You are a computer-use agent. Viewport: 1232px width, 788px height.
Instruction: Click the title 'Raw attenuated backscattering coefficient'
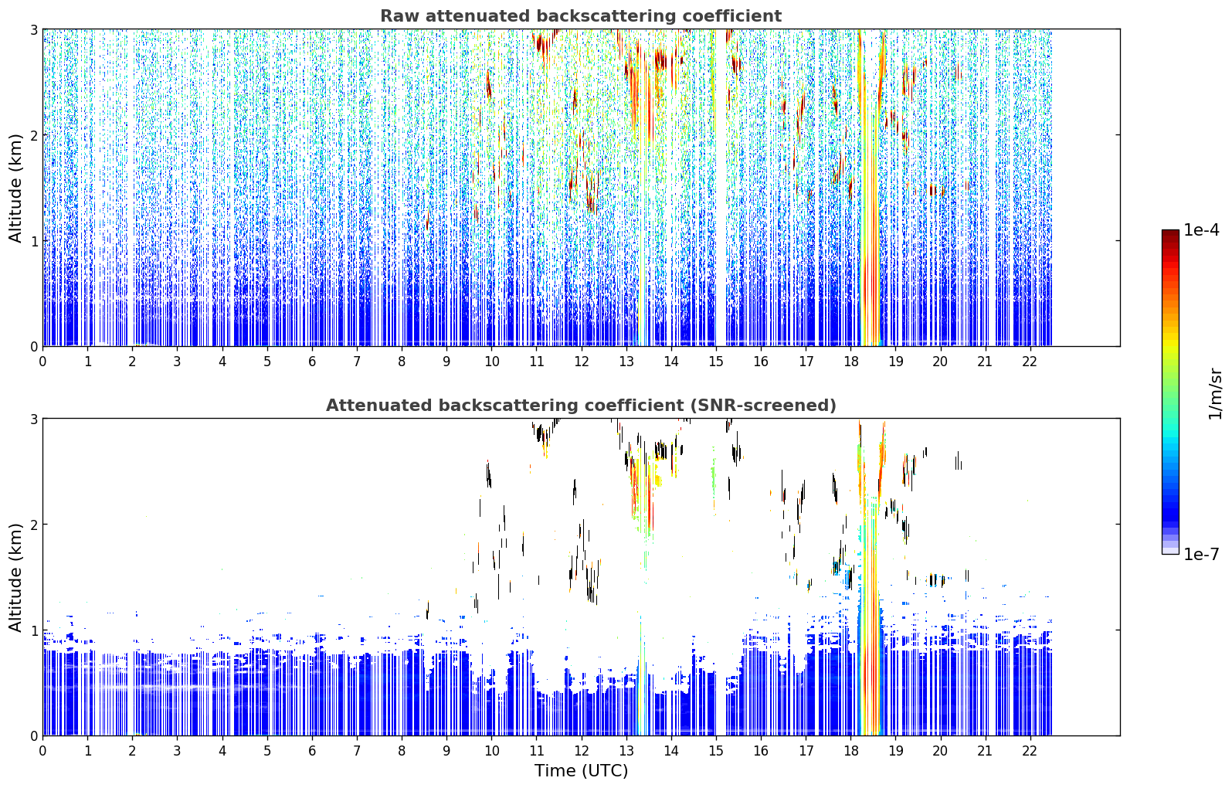(x=581, y=16)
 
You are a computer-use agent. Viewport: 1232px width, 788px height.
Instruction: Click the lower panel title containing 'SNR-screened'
(x=581, y=406)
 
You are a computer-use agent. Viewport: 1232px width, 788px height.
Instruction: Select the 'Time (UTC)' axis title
(x=581, y=771)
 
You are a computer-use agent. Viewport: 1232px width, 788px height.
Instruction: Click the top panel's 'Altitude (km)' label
(x=15, y=189)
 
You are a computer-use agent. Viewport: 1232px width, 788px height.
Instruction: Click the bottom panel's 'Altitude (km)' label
(x=15, y=577)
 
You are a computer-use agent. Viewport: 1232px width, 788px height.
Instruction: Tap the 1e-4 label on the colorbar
(x=1201, y=230)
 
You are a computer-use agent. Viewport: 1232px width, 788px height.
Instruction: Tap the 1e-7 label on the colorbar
(x=1201, y=554)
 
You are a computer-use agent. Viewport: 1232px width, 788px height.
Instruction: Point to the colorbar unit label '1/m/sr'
(x=1215, y=394)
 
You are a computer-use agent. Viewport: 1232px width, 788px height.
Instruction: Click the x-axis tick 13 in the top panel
(x=626, y=362)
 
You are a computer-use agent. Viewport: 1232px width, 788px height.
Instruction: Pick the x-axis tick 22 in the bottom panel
(x=1030, y=751)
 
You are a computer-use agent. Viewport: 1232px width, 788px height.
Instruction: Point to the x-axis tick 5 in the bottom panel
(x=267, y=751)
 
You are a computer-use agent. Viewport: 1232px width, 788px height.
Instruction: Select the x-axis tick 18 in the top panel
(x=850, y=362)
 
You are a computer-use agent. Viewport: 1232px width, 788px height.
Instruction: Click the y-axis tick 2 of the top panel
(x=33, y=135)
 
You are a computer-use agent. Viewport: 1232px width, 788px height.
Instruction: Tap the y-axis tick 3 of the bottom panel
(x=33, y=419)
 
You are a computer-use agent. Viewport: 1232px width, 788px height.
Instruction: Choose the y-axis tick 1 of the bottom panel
(x=33, y=630)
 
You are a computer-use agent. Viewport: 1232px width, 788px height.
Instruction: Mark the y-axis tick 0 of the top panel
(x=33, y=347)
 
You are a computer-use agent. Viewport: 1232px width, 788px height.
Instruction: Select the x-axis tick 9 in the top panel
(x=446, y=362)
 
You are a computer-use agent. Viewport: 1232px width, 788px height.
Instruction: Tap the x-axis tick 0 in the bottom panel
(x=43, y=751)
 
